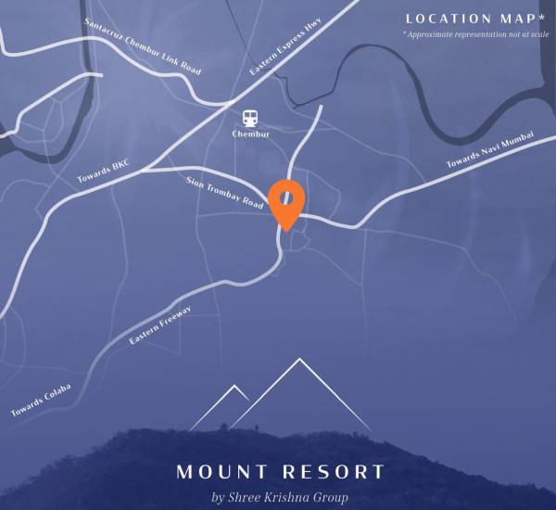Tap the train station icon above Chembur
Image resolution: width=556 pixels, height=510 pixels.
pyautogui.click(x=250, y=118)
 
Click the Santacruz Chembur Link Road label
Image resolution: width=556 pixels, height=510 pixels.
pyautogui.click(x=142, y=46)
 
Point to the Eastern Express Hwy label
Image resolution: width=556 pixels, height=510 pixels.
pyautogui.click(x=285, y=52)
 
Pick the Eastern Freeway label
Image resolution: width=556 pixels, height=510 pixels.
pyautogui.click(x=160, y=325)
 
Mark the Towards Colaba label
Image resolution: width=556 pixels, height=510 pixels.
pyautogui.click(x=41, y=399)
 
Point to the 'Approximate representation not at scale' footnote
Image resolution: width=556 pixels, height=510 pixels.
pyautogui.click(x=475, y=34)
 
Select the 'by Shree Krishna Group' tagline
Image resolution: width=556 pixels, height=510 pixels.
pyautogui.click(x=280, y=498)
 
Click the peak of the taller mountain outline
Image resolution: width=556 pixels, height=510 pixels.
pyautogui.click(x=299, y=359)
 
